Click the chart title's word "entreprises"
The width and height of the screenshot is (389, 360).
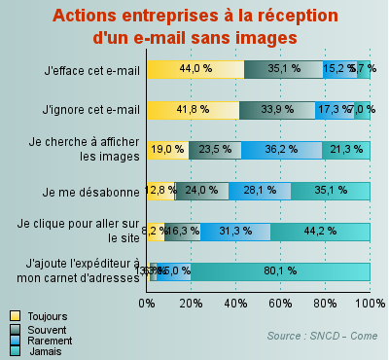click(182, 17)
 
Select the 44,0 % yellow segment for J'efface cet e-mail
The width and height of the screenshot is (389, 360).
click(195, 69)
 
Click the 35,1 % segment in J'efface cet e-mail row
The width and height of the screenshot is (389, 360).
click(284, 69)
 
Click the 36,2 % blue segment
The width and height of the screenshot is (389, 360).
click(281, 149)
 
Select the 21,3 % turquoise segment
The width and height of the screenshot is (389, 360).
click(346, 149)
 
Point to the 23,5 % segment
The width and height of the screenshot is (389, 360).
click(215, 149)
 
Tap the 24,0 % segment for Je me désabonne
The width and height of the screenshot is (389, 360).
click(202, 190)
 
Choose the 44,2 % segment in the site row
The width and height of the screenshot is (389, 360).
click(321, 231)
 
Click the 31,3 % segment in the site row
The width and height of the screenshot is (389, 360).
click(236, 231)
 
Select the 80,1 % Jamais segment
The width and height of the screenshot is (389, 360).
click(280, 270)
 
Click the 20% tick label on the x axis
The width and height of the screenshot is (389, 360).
click(192, 304)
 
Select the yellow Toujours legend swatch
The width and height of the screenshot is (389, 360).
click(15, 316)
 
